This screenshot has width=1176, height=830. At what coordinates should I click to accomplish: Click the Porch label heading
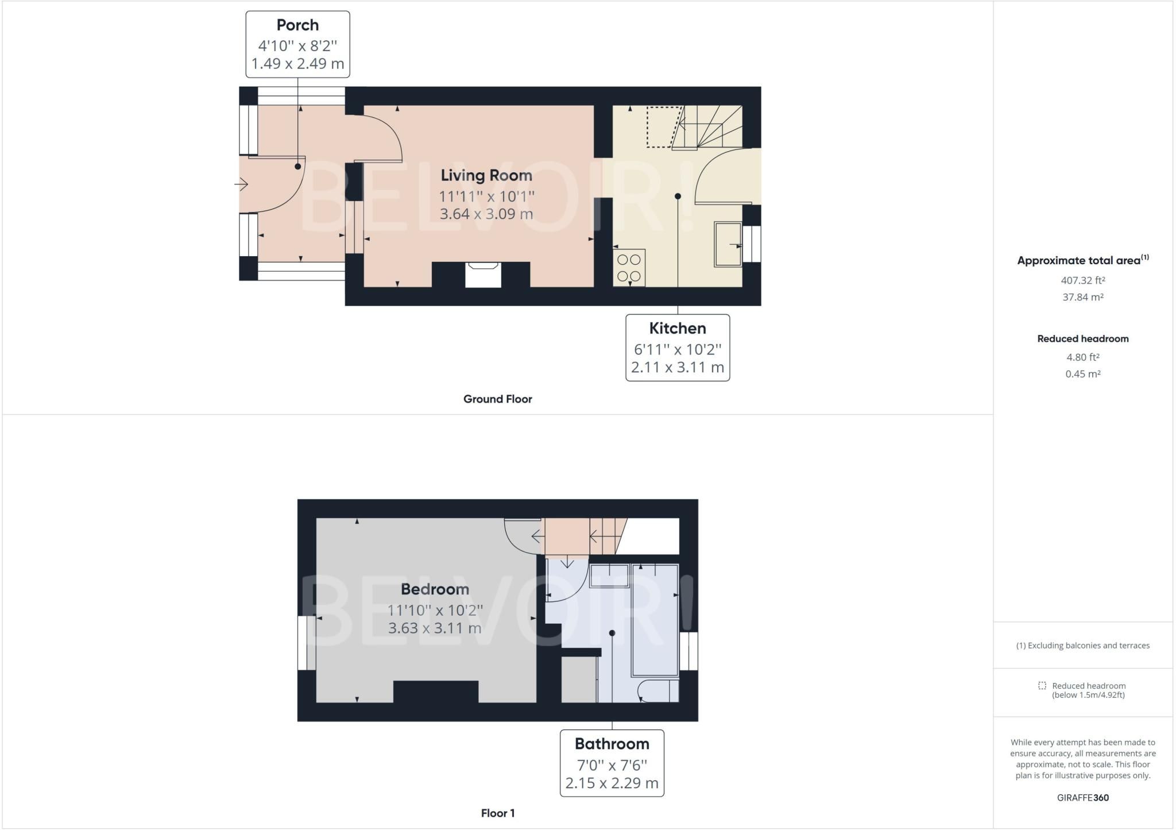(x=297, y=25)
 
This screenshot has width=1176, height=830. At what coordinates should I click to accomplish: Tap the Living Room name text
(x=486, y=175)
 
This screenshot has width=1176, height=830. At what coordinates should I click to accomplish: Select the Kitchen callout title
(x=678, y=329)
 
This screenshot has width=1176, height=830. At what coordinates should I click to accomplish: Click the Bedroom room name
(x=435, y=589)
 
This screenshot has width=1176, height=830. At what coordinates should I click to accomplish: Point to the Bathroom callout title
(x=612, y=744)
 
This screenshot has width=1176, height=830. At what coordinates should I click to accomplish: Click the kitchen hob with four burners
(x=629, y=268)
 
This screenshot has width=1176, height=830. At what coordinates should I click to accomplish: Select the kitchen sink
(x=728, y=244)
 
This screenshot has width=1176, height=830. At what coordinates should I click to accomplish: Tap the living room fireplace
(x=483, y=274)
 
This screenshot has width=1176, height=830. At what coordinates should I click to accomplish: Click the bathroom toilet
(x=658, y=691)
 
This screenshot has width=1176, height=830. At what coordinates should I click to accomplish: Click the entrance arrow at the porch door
(x=241, y=184)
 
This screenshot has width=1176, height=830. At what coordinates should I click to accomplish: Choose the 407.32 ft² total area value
(x=1083, y=280)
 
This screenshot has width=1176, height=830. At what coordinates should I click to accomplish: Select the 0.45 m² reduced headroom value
(x=1083, y=374)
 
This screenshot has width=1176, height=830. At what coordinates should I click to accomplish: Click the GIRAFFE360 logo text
(x=1083, y=797)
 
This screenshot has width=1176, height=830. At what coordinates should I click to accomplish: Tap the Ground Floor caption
(x=498, y=399)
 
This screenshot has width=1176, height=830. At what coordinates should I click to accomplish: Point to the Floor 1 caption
(x=498, y=813)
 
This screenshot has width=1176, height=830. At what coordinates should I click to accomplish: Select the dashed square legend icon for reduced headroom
(x=1042, y=686)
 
